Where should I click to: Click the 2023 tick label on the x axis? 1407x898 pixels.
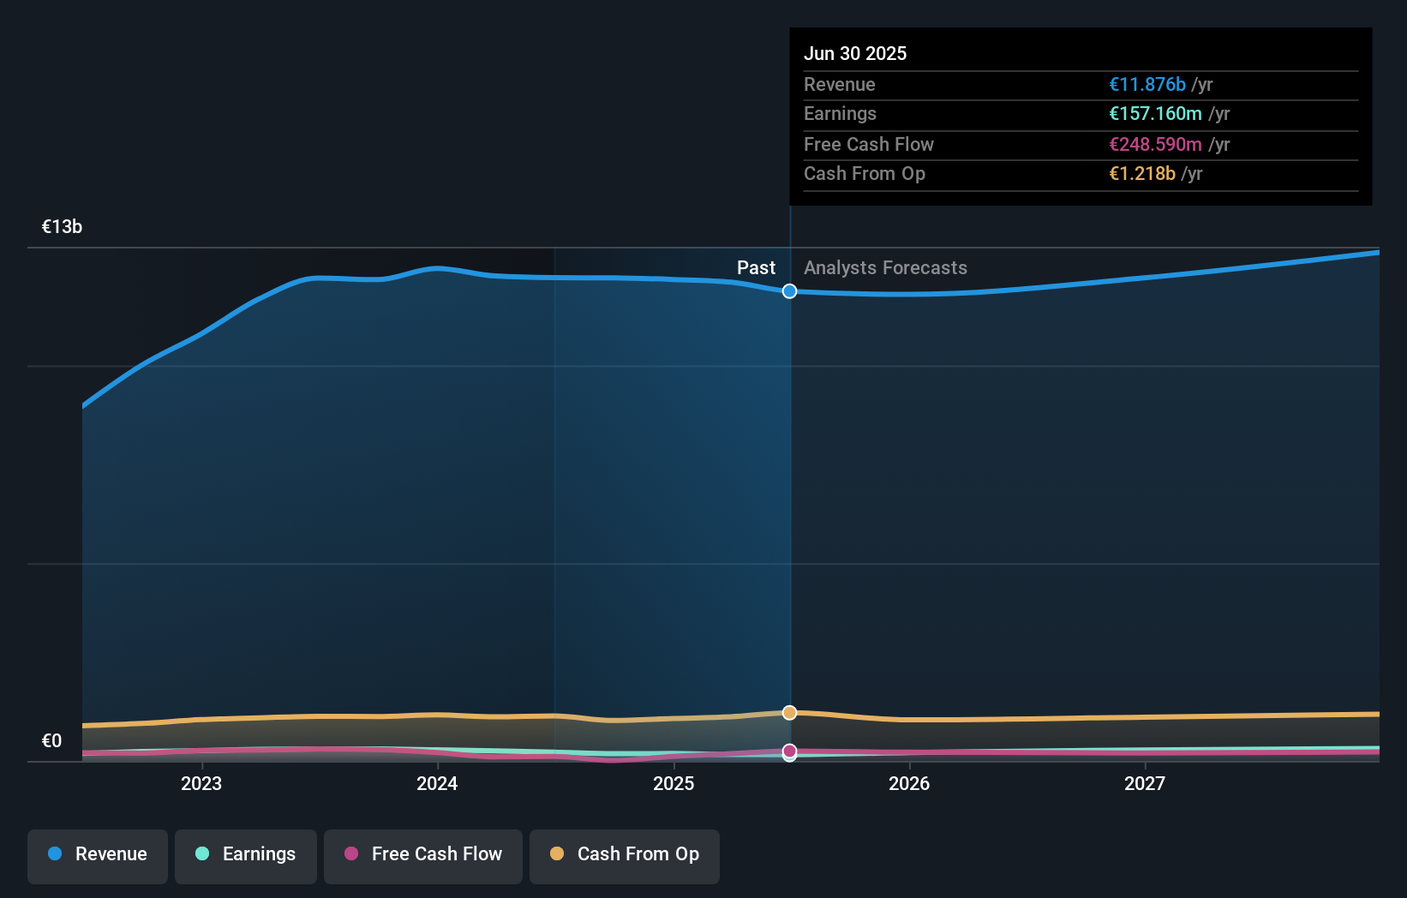pyautogui.click(x=201, y=783)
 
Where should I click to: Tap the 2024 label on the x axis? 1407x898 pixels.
pyautogui.click(x=437, y=783)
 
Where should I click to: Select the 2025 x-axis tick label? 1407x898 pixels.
pyautogui.click(x=674, y=783)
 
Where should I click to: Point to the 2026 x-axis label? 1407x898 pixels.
pyautogui.click(x=909, y=783)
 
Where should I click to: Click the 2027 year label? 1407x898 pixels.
pyautogui.click(x=1145, y=783)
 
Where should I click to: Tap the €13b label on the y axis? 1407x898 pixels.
pyautogui.click(x=62, y=227)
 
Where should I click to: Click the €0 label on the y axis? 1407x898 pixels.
pyautogui.click(x=51, y=741)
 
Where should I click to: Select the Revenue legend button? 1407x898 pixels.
pyautogui.click(x=98, y=854)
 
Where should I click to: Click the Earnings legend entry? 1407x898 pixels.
pyautogui.click(x=246, y=854)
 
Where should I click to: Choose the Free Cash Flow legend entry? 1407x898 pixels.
pyautogui.click(x=423, y=854)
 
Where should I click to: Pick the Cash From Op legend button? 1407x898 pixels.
pyautogui.click(x=625, y=854)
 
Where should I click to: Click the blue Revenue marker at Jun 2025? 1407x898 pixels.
pyautogui.click(x=789, y=291)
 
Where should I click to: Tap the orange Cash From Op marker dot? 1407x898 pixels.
pyautogui.click(x=789, y=713)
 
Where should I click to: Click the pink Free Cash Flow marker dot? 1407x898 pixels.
pyautogui.click(x=789, y=751)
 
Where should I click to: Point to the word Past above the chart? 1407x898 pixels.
pyautogui.click(x=756, y=268)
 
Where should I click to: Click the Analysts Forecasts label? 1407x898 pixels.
pyautogui.click(x=885, y=268)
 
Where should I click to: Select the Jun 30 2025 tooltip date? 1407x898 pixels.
pyautogui.click(x=855, y=53)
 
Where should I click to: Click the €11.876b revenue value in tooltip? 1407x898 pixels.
pyautogui.click(x=1147, y=85)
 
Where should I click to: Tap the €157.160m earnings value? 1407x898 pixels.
pyautogui.click(x=1155, y=114)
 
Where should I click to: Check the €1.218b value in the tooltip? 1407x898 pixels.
pyautogui.click(x=1142, y=174)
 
